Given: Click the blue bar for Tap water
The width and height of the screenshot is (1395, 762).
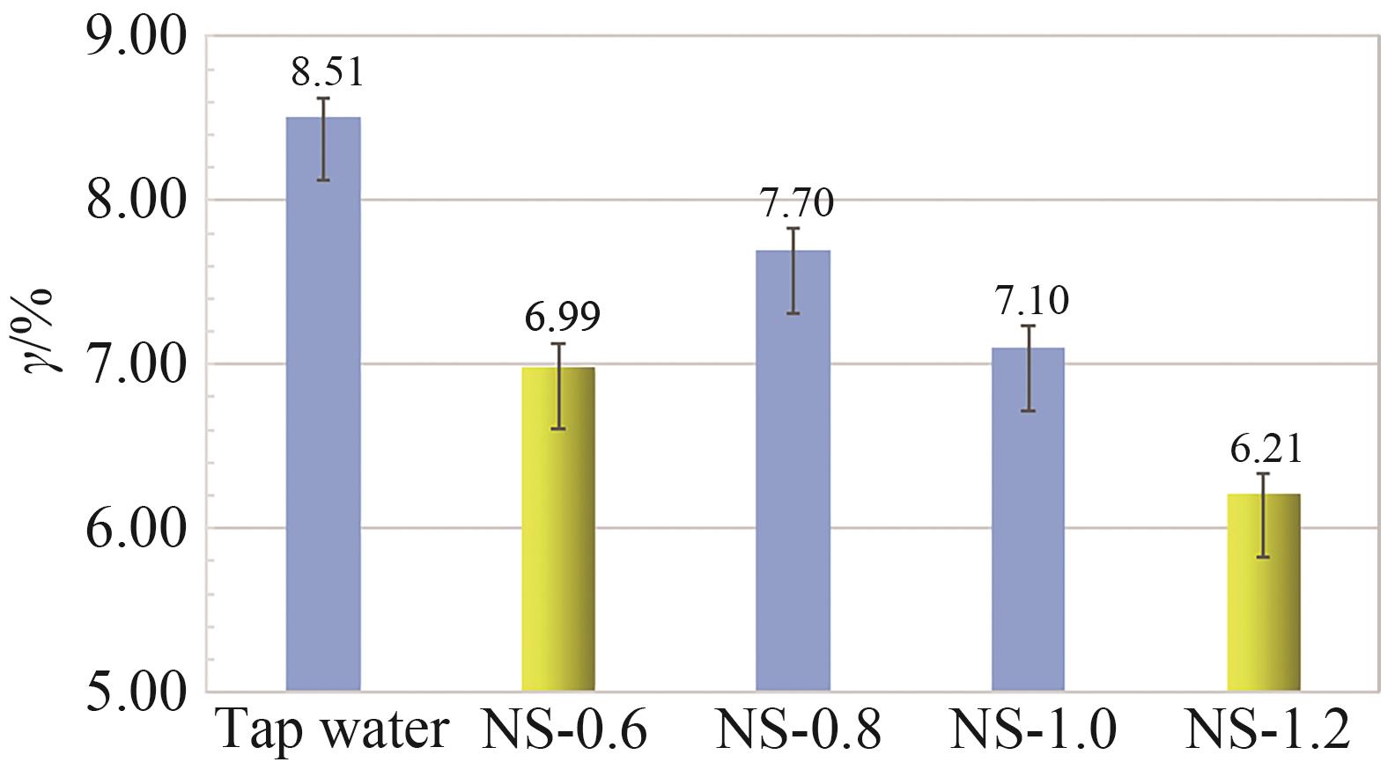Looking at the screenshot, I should [x=323, y=405].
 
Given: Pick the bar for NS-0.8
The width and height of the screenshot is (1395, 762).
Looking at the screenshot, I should [x=793, y=472].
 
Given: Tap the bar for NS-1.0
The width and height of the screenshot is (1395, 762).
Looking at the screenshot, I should [x=1028, y=520].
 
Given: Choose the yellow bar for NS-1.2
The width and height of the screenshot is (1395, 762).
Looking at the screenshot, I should [x=1263, y=593].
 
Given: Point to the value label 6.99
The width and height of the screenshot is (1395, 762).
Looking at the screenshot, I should [x=563, y=317].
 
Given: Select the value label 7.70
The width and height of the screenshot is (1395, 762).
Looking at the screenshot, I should [x=797, y=203].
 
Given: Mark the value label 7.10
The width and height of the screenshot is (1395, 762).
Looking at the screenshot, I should [x=1032, y=301].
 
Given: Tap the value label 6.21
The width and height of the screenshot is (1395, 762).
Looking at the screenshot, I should [x=1266, y=449].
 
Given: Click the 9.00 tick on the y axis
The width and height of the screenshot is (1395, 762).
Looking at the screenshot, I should [x=137, y=37].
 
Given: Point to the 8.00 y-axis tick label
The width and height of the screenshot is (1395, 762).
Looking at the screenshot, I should [x=137, y=201].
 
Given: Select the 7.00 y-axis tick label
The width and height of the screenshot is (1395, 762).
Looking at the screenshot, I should [x=137, y=364].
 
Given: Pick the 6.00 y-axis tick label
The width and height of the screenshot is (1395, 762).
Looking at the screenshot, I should [x=137, y=528].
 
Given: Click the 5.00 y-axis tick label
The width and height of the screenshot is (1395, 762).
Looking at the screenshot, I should [x=137, y=692].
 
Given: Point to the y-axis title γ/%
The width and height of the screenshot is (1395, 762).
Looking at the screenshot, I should [x=40, y=330].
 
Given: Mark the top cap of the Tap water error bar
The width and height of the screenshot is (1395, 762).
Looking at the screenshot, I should [x=323, y=99].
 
